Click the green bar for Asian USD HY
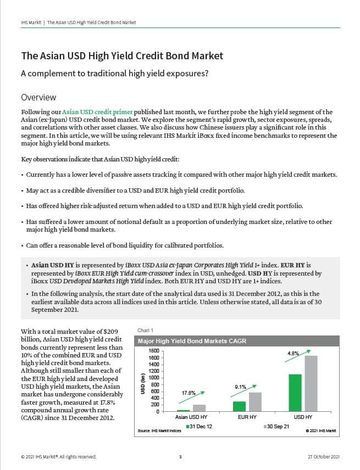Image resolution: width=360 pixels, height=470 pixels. (x=183, y=410)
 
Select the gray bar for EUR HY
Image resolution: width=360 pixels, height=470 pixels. (x=255, y=402)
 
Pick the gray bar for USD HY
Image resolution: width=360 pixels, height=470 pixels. (x=311, y=384)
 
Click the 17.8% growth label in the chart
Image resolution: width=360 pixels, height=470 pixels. (x=189, y=393)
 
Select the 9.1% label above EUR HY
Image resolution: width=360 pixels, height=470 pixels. (x=241, y=387)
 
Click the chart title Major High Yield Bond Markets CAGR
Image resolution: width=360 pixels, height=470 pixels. (x=192, y=341)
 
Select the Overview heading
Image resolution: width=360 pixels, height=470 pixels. (x=38, y=97)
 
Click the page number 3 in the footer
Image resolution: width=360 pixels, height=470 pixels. (x=180, y=457)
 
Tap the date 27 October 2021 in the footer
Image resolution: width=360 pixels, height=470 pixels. (x=324, y=457)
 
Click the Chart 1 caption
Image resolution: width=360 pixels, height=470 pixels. (x=145, y=330)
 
